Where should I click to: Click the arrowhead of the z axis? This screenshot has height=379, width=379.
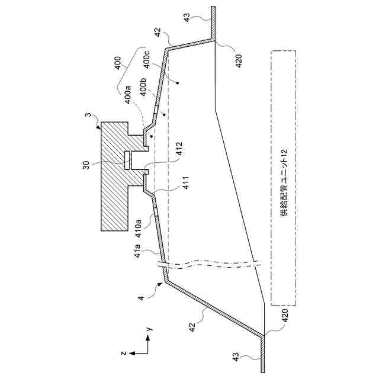(131, 352)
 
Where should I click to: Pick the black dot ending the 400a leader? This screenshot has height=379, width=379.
(152, 137)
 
